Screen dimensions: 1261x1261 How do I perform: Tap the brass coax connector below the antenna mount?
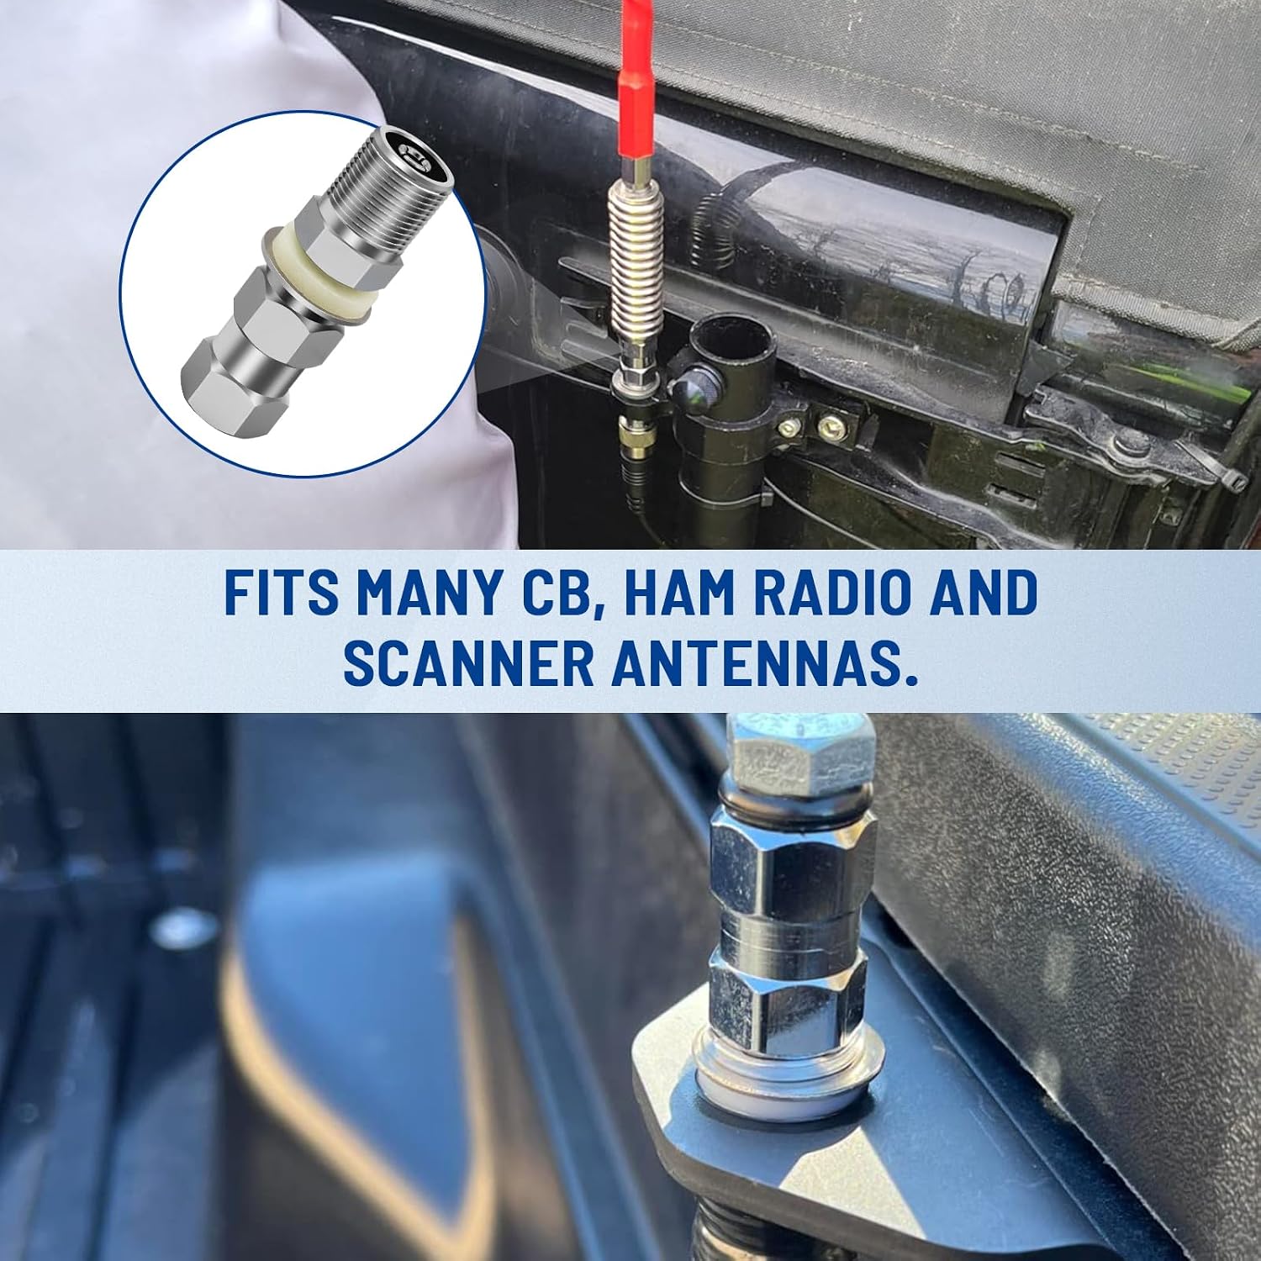[x=631, y=430]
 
